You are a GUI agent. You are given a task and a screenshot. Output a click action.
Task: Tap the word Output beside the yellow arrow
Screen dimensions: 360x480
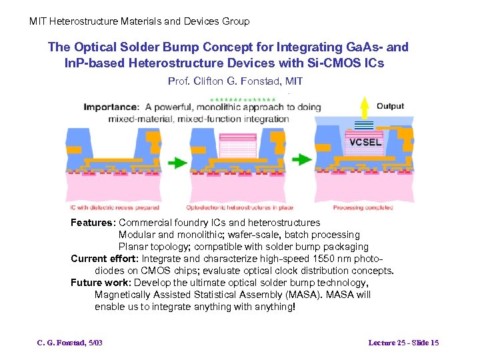click(390, 106)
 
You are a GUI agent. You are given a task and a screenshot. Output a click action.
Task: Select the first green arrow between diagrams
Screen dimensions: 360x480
click(176, 162)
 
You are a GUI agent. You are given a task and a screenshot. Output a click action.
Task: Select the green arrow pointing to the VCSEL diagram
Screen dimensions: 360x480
click(302, 159)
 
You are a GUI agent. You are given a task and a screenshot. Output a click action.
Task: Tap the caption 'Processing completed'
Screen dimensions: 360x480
click(363, 207)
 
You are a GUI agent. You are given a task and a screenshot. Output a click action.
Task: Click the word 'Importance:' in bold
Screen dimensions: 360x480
click(111, 107)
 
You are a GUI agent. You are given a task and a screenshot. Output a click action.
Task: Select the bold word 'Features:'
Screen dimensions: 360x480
click(93, 223)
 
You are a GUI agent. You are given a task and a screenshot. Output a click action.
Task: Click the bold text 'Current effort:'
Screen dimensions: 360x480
click(105, 259)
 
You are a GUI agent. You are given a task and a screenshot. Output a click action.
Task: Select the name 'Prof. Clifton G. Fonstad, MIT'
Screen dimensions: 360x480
click(235, 81)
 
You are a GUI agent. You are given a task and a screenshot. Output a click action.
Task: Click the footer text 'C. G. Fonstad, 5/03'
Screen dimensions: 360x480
click(69, 343)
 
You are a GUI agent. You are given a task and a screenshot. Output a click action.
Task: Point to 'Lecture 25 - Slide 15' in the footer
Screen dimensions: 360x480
click(403, 343)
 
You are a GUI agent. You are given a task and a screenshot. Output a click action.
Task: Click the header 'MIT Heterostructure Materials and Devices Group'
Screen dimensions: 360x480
click(139, 21)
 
